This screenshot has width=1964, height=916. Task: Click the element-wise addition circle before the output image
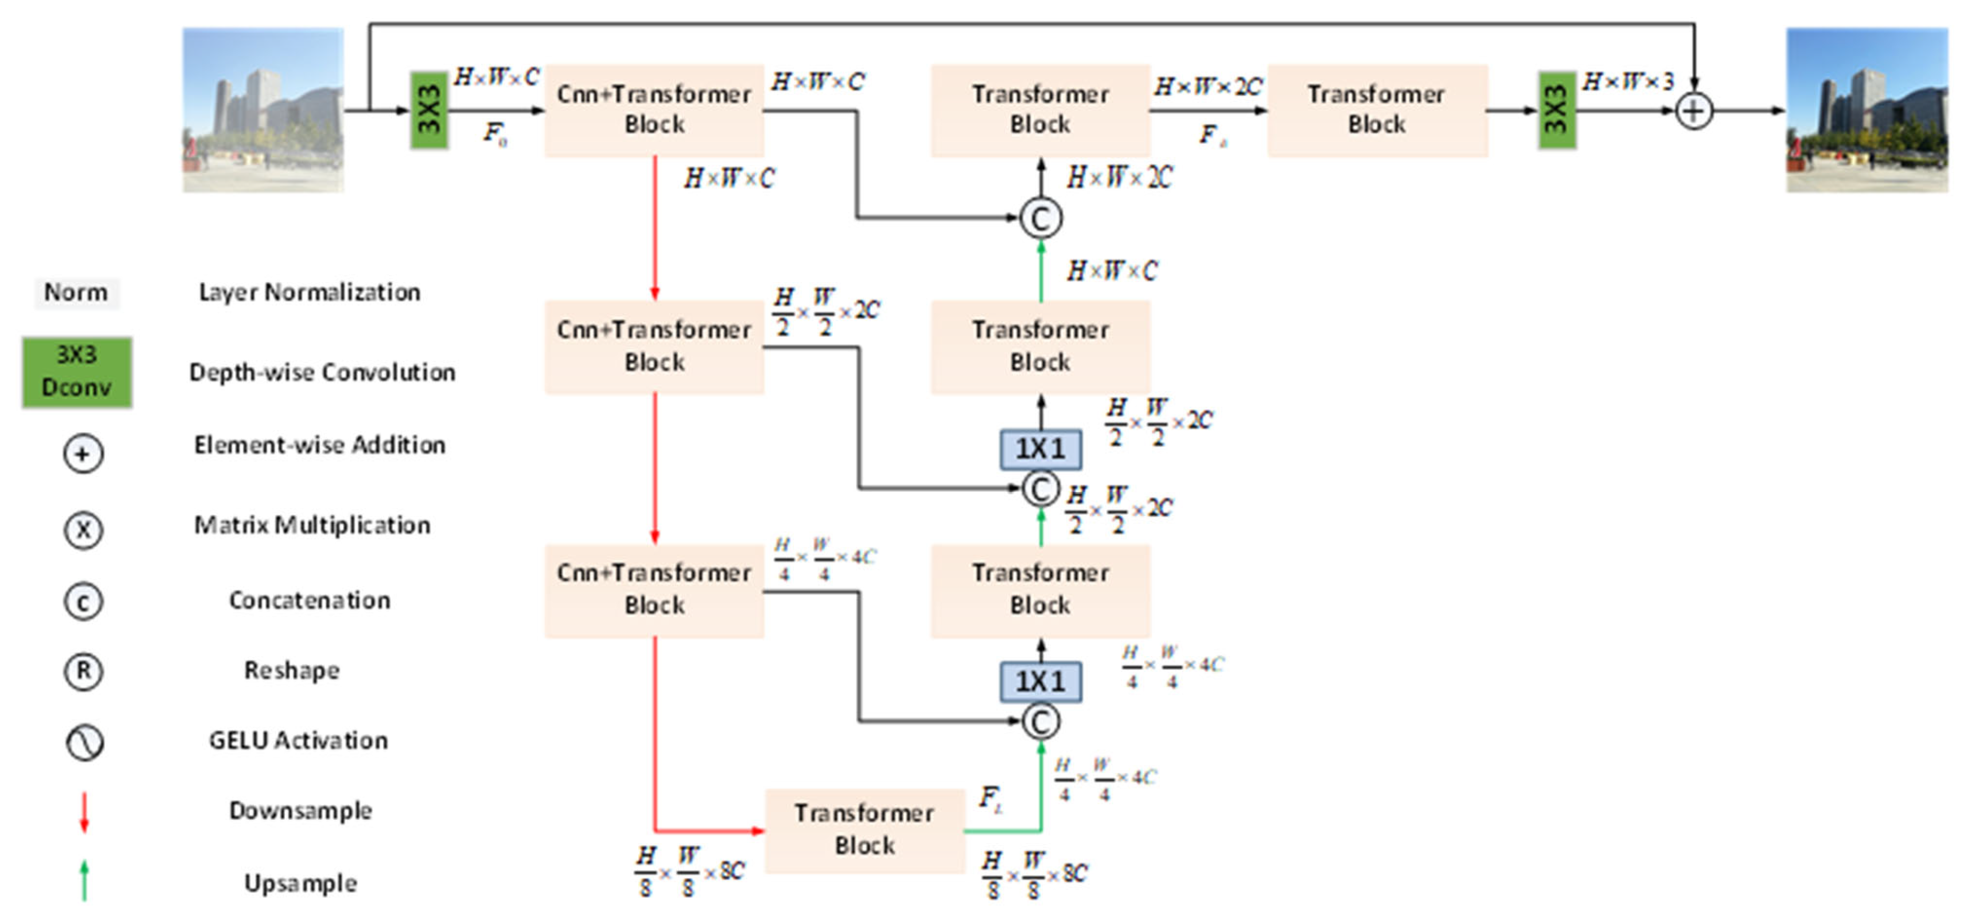pyautogui.click(x=1694, y=111)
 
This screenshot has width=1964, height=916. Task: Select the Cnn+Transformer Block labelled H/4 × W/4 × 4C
pyautogui.click(x=654, y=589)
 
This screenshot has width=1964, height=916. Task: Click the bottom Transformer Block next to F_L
pyautogui.click(x=865, y=830)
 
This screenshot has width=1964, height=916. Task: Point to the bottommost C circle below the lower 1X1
pyautogui.click(x=1041, y=721)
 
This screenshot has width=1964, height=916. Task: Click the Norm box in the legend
pyautogui.click(x=76, y=292)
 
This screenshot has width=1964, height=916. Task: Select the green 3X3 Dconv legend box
pyautogui.click(x=76, y=372)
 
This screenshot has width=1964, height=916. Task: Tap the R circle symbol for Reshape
pyautogui.click(x=83, y=671)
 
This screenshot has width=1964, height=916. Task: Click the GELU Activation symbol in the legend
pyautogui.click(x=84, y=742)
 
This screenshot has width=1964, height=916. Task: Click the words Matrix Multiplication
pyautogui.click(x=312, y=525)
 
